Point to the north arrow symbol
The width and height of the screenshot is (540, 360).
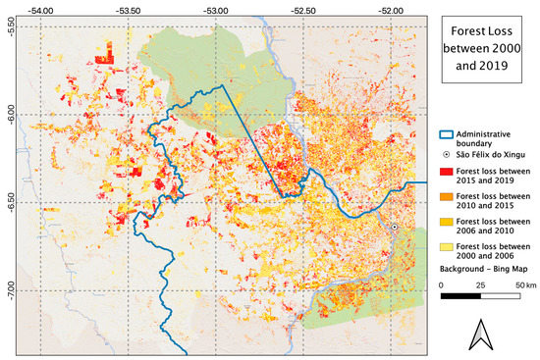coord(481,334)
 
